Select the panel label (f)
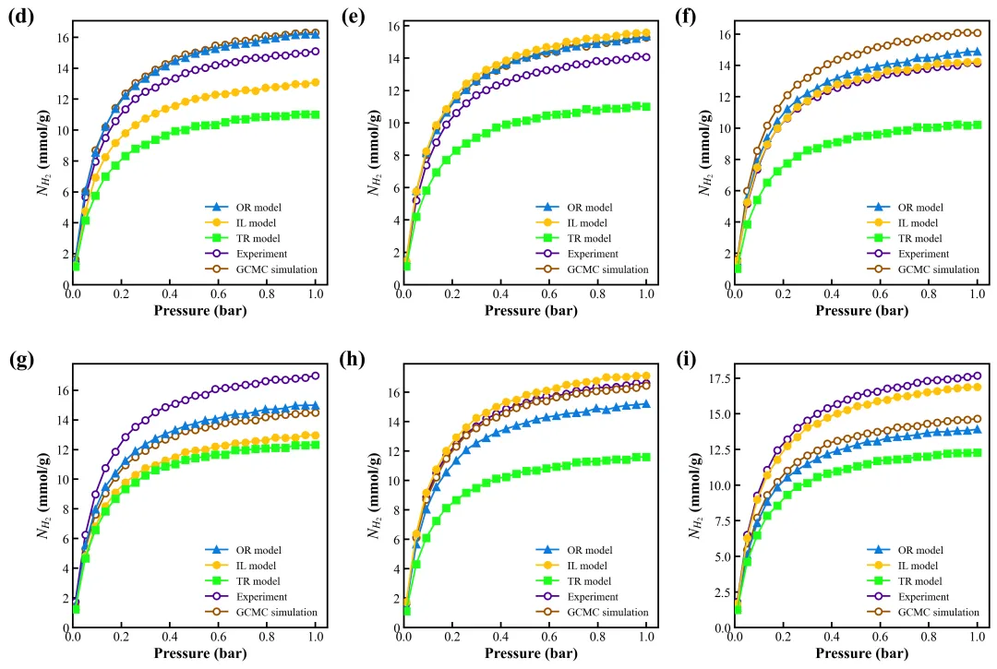tap(679, 18)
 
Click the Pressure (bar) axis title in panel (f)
tap(856, 311)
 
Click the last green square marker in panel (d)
tap(316, 114)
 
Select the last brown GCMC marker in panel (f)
tap(977, 33)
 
